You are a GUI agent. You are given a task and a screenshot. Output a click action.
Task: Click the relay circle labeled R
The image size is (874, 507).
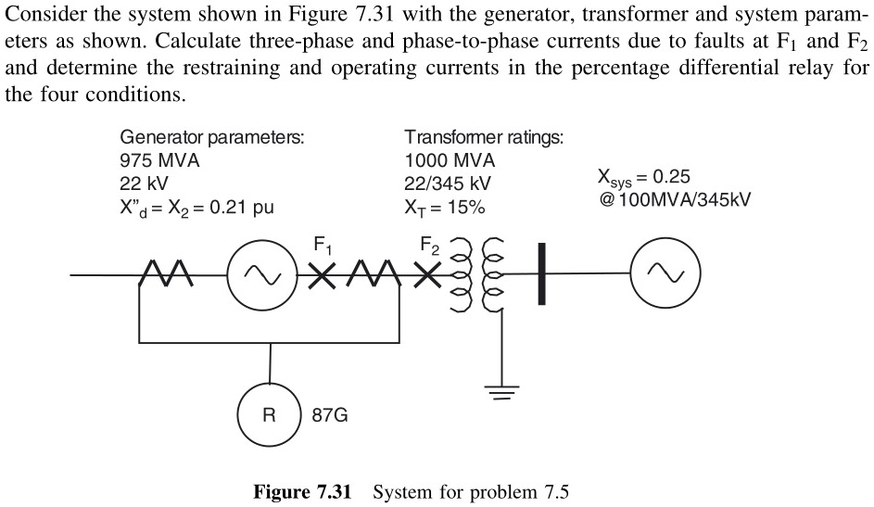coord(269,415)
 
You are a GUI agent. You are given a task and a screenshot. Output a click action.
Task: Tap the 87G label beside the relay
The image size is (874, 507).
coord(330,415)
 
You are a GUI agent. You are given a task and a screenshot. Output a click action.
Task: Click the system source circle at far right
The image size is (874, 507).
coord(660,273)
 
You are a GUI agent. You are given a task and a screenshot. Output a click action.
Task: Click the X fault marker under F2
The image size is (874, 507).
coord(427,276)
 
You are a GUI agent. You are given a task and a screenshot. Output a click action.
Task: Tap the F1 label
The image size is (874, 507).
coord(322,247)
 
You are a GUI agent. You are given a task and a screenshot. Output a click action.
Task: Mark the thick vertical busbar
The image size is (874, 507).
coord(540,273)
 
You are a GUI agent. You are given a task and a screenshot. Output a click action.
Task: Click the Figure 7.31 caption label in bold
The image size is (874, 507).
coord(302,492)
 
